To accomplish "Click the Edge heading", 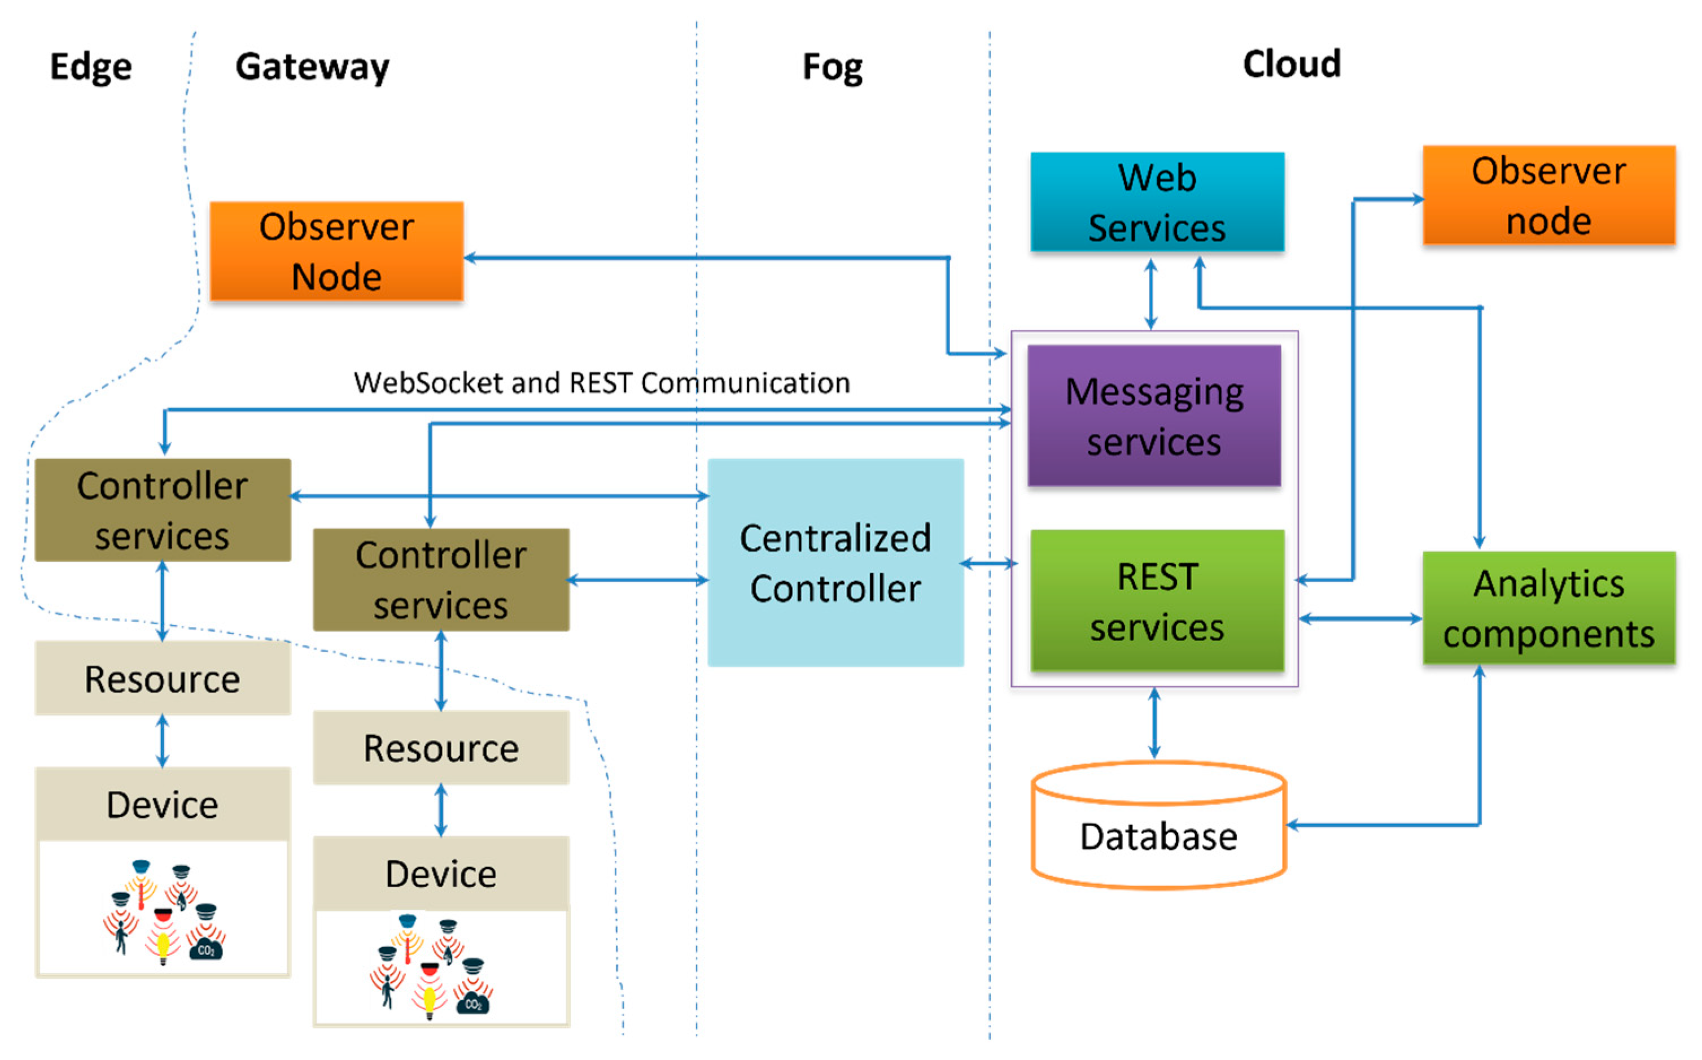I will coord(91,67).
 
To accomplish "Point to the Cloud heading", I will coord(1292,64).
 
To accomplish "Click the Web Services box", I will coord(1157,202).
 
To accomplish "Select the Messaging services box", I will coord(1153,416).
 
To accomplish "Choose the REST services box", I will coord(1157,601).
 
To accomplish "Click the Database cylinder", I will coord(1158,834).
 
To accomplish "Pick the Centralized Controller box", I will coord(835,562).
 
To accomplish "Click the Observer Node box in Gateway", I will coord(336,251).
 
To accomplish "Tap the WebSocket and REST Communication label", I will coord(601,383).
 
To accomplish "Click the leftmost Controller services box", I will coord(163,509).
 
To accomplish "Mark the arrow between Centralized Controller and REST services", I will coord(988,563).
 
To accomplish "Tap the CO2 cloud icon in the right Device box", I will coord(474,1003).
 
